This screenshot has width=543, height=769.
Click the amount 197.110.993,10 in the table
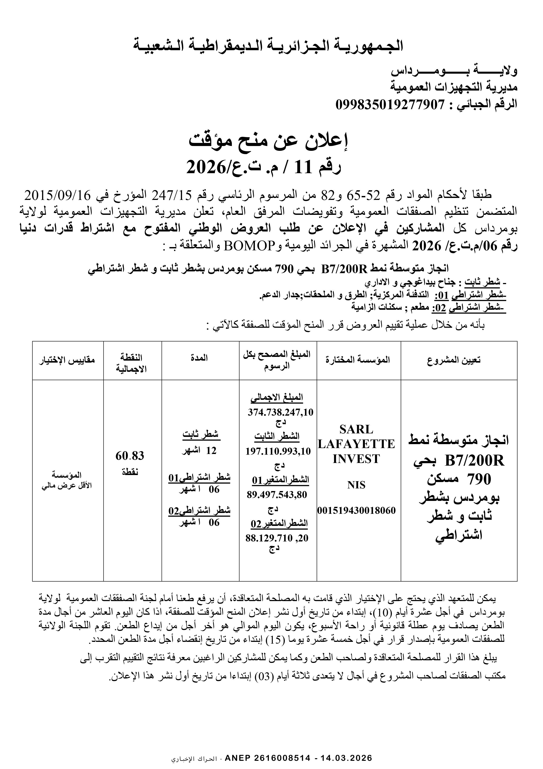pyautogui.click(x=278, y=451)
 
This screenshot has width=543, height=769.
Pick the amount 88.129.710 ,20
pyautogui.click(x=277, y=538)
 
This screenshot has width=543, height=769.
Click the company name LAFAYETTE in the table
pyautogui.click(x=356, y=444)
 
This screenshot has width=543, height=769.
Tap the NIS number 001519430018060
pyautogui.click(x=357, y=510)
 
